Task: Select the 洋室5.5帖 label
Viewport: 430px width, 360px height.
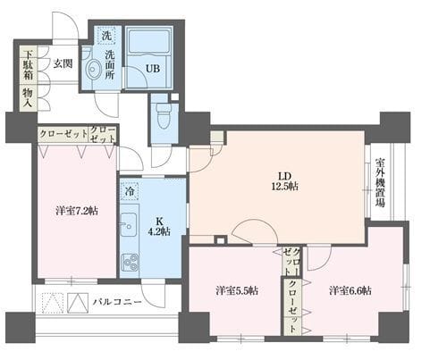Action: click(237, 290)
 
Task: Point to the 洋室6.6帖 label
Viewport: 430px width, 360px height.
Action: click(350, 290)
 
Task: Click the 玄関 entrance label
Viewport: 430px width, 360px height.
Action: click(62, 63)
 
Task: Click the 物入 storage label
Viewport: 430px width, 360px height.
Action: click(28, 98)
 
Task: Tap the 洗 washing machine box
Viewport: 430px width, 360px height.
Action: click(106, 36)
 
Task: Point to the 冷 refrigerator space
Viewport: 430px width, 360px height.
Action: click(130, 190)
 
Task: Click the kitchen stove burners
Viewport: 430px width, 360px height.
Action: click(129, 262)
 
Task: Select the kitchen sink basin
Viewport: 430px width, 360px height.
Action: click(127, 226)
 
